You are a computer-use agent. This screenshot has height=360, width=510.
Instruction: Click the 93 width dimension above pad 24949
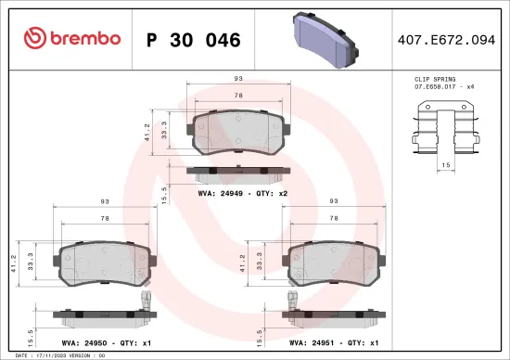[238, 80]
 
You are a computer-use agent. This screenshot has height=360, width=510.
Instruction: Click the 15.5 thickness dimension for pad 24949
[165, 193]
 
